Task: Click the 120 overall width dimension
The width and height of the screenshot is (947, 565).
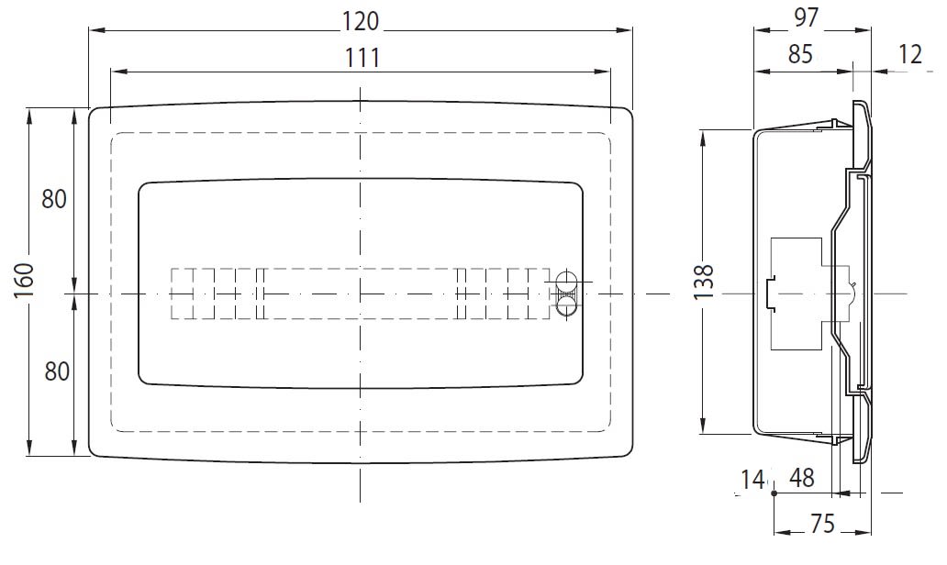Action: (361, 22)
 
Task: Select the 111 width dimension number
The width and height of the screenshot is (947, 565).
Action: (362, 59)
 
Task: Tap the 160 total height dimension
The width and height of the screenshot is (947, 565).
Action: (23, 281)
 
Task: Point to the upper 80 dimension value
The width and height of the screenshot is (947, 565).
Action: (54, 199)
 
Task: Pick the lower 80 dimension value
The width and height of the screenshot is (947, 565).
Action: (57, 371)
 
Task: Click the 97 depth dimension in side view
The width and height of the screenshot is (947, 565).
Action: (807, 17)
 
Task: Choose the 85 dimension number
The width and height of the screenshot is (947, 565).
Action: (801, 55)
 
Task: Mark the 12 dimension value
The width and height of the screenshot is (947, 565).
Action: (910, 55)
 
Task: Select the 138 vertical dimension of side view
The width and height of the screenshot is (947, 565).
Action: (704, 282)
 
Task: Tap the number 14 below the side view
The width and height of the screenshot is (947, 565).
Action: (752, 480)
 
